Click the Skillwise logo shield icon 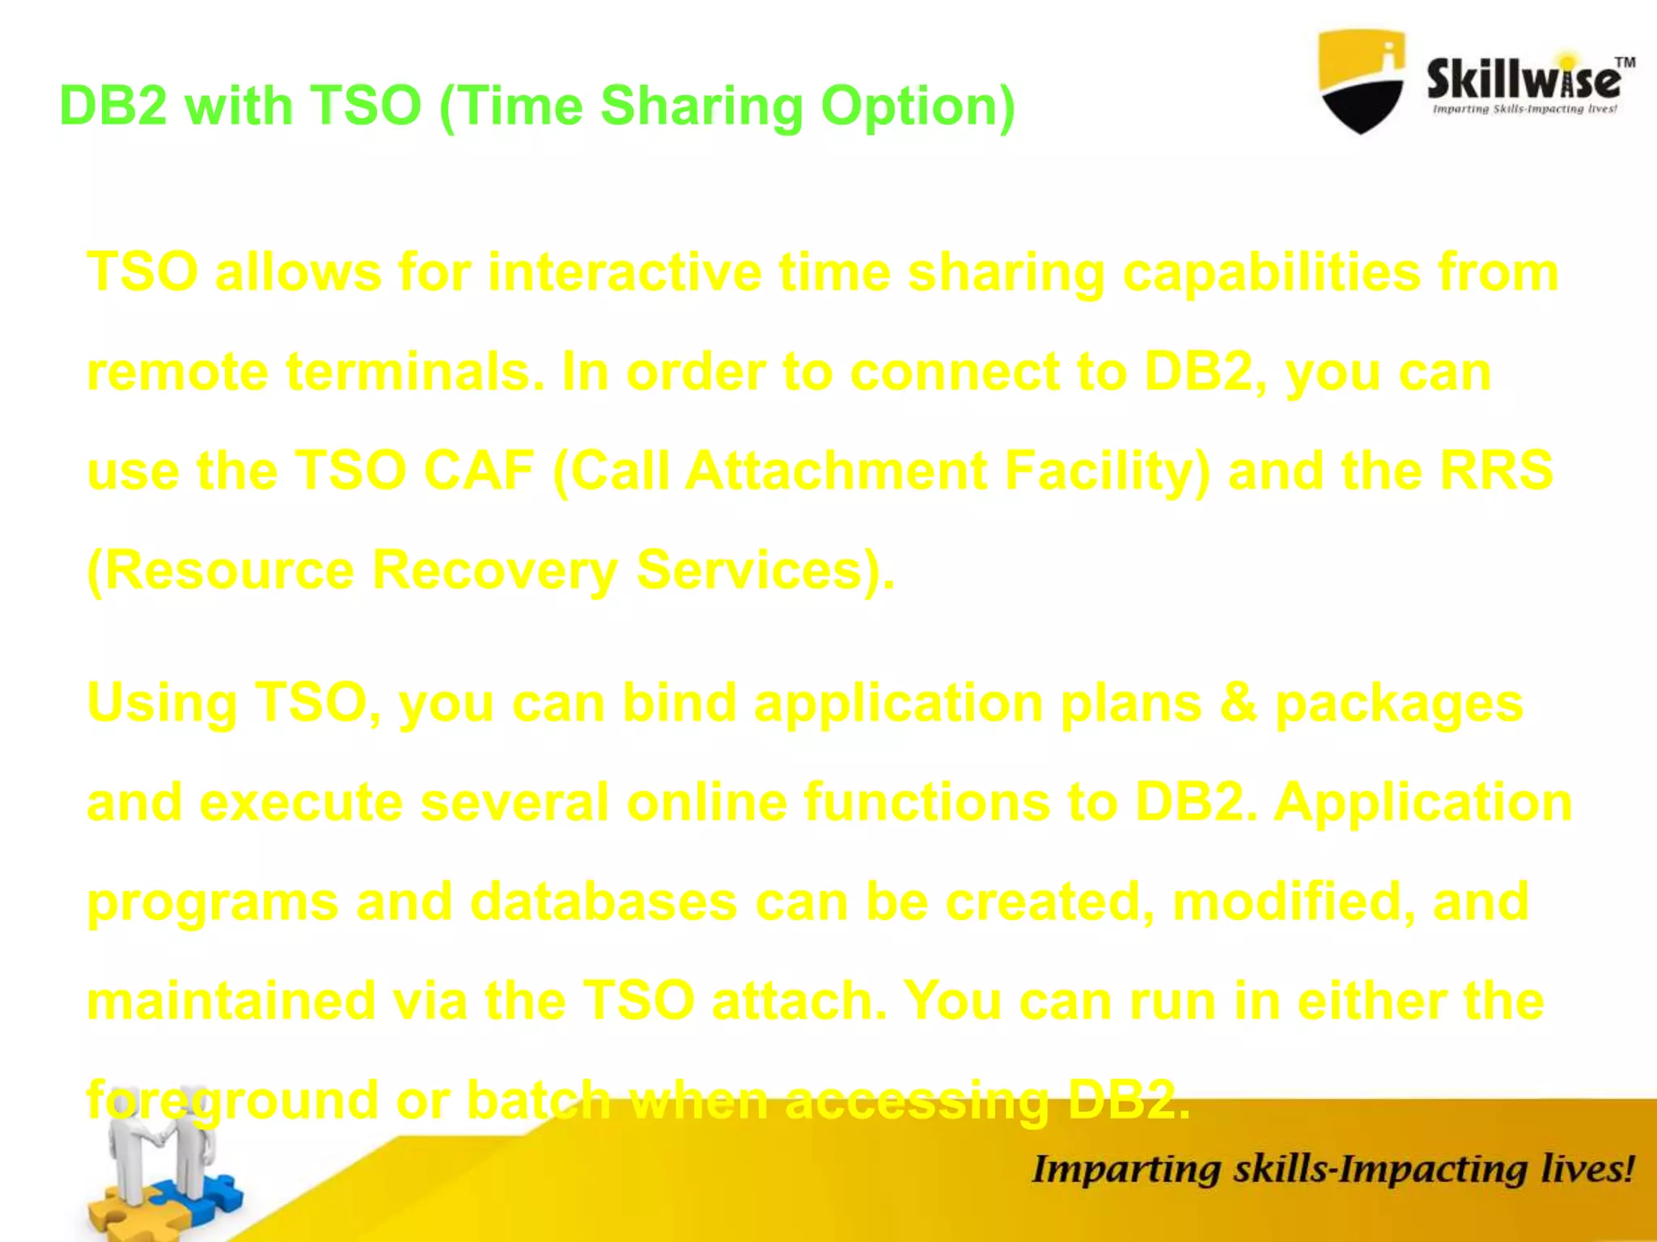pos(1361,81)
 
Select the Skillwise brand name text pos(1523,81)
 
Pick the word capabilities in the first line pos(1271,272)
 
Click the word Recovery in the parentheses pos(494,571)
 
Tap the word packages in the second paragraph pos(1399,703)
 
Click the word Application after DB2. pos(1422,803)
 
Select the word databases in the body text pos(603,902)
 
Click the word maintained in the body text pos(231,1001)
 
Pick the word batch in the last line pos(539,1100)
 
